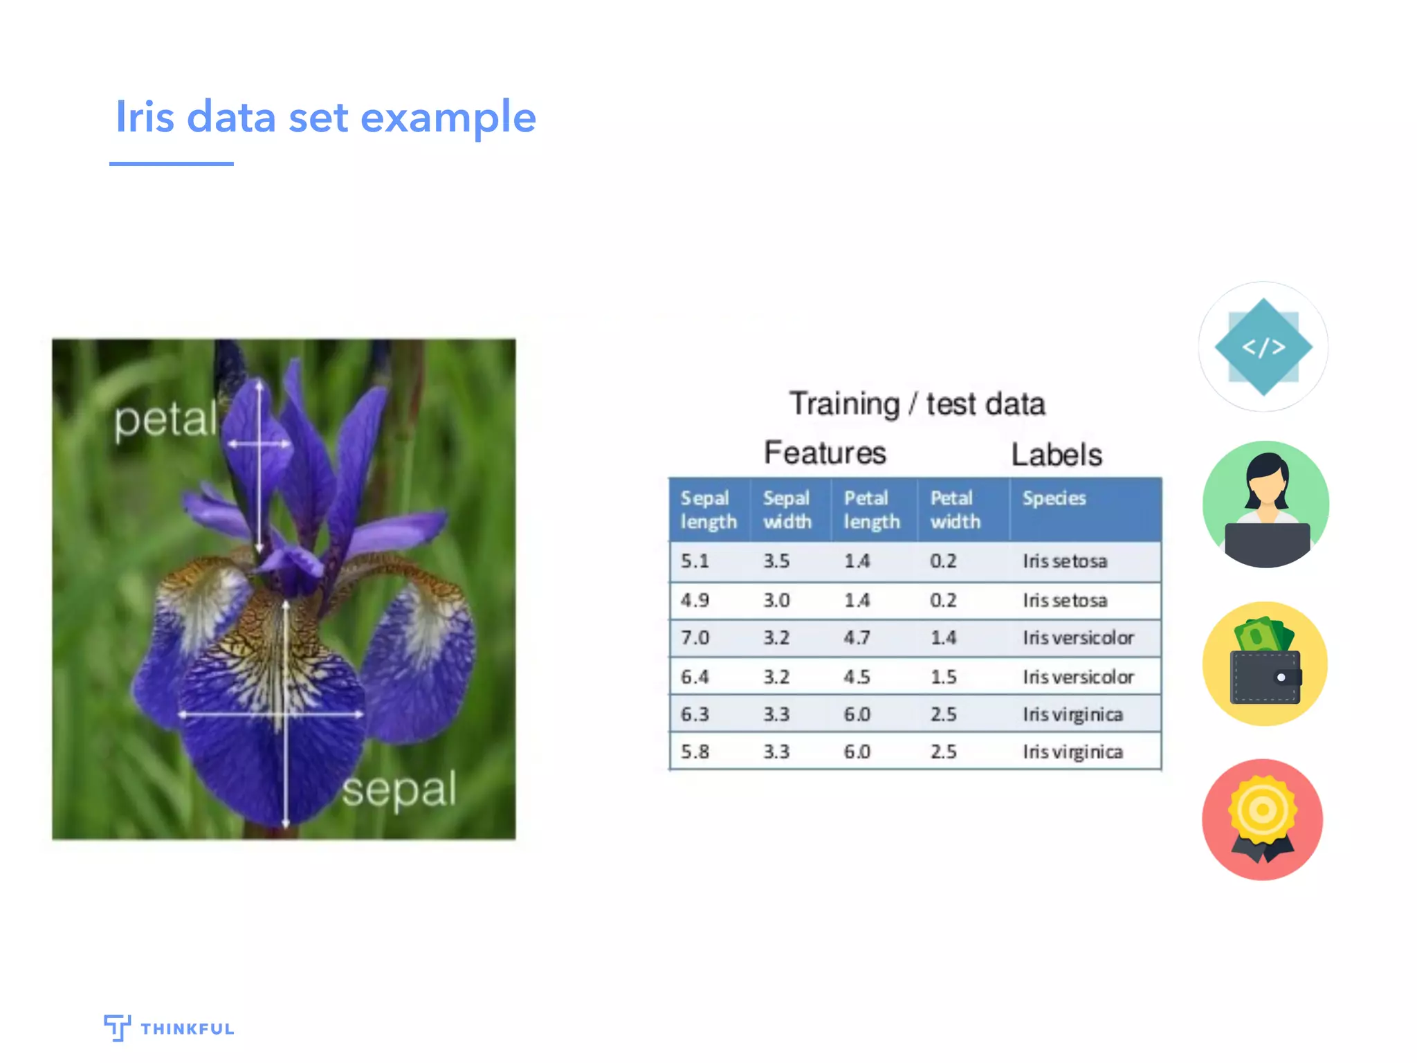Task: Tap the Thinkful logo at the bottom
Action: click(x=169, y=1028)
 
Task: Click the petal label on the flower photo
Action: click(x=165, y=420)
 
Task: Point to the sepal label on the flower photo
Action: click(x=399, y=789)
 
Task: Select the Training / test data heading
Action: click(x=917, y=403)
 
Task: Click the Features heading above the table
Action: click(x=825, y=453)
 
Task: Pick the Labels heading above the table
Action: click(x=1057, y=455)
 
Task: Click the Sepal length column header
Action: click(x=708, y=509)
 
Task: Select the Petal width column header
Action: click(x=955, y=509)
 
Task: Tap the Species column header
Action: click(x=1054, y=498)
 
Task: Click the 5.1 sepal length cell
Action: click(x=695, y=561)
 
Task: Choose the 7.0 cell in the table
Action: click(x=695, y=637)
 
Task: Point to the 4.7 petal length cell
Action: click(x=857, y=637)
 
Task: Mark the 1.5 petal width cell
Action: click(x=943, y=677)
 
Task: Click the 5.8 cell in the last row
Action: click(x=695, y=752)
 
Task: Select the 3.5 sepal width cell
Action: click(x=776, y=561)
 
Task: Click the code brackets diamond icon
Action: click(x=1263, y=347)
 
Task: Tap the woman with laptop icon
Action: click(x=1265, y=505)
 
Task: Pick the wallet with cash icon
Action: click(x=1265, y=664)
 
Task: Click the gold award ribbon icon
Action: click(x=1263, y=819)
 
